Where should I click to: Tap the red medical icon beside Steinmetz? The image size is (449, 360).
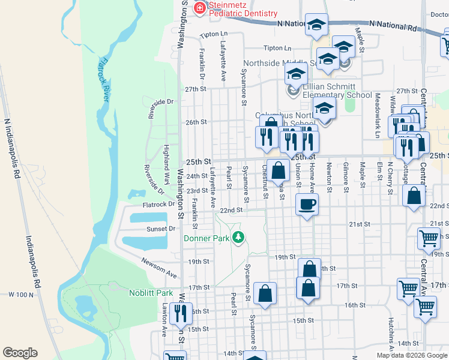pos(199,8)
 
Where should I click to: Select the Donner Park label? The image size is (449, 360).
pos(207,238)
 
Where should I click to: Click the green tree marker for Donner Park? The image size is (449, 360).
pos(239,238)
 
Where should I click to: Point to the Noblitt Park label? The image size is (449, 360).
pos(150,293)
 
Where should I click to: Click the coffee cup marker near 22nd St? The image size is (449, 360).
pos(307,204)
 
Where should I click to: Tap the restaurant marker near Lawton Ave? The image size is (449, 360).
pos(181,313)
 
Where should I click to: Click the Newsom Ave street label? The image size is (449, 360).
pos(159,268)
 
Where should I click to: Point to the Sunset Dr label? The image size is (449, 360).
pos(161,229)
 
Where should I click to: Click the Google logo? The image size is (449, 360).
pos(20,353)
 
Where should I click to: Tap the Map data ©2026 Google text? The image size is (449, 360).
pos(412,355)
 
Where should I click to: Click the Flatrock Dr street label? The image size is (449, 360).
pos(158,204)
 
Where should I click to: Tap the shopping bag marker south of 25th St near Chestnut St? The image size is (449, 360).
pos(279,170)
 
